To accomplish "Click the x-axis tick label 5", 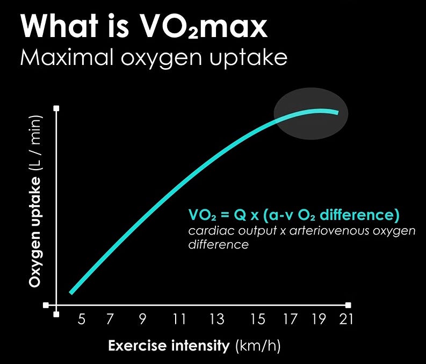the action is pyautogui.click(x=82, y=319).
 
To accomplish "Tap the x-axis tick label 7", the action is pyautogui.click(x=110, y=319).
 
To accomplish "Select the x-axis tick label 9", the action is pyautogui.click(x=143, y=319).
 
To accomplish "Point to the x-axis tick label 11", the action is pyautogui.click(x=179, y=319).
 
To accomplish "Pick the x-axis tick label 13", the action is pyautogui.click(x=217, y=319).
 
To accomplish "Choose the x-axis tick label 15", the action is pyautogui.click(x=257, y=319).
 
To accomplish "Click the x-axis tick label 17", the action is pyautogui.click(x=291, y=319).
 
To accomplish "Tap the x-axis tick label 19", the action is pyautogui.click(x=319, y=319).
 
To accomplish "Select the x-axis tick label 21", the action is pyautogui.click(x=346, y=319).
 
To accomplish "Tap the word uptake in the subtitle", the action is pyautogui.click(x=248, y=58).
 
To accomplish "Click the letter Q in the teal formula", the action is pyautogui.click(x=240, y=215).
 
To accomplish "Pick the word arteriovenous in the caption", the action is pyautogui.click(x=329, y=231).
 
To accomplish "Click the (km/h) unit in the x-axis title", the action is pyautogui.click(x=258, y=346).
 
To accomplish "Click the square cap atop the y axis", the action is pyautogui.click(x=56, y=108).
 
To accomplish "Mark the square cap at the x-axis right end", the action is pyautogui.click(x=348, y=305).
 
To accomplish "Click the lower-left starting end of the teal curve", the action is pyautogui.click(x=71, y=293).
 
